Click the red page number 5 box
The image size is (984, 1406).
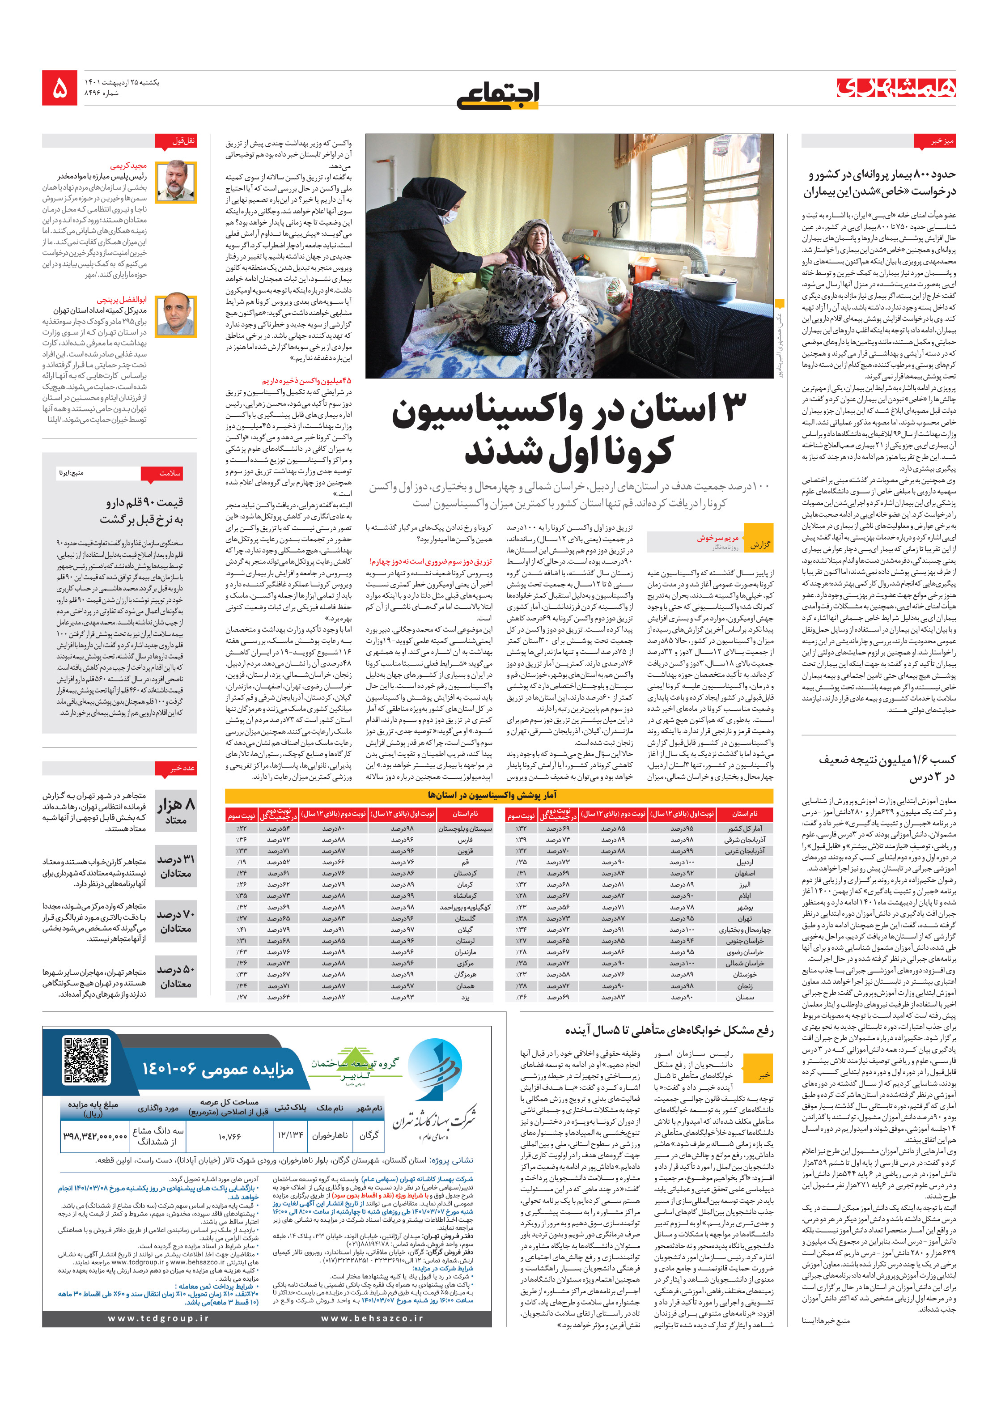click(x=59, y=88)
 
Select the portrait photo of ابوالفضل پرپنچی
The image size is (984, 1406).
click(x=176, y=315)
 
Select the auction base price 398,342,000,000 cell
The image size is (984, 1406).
click(x=95, y=1136)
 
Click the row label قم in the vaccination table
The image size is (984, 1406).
click(x=465, y=862)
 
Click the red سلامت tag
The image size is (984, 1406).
click(x=161, y=474)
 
